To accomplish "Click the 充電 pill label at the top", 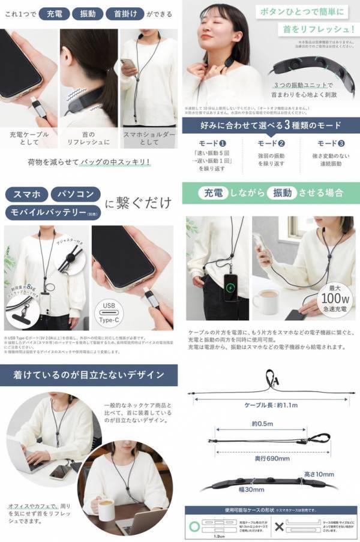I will pos(55,13).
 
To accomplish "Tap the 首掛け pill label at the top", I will pos(124,13).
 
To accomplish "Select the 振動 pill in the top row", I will pos(88,13).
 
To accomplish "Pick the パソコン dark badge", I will pos(76,194).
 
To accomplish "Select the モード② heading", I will pos(271,144).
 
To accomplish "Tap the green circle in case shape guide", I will pos(193,526).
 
